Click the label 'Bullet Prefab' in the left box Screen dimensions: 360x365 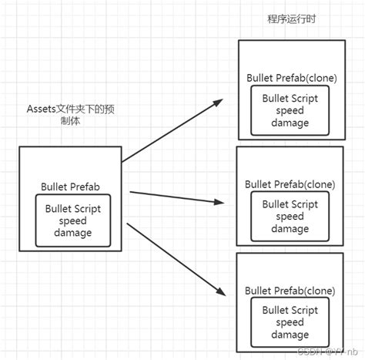[75, 187]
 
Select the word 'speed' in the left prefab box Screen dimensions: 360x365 [73, 220]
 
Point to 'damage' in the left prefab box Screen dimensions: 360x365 [73, 233]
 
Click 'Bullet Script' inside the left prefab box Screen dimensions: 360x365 [73, 208]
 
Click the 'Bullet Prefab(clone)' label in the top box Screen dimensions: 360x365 [292, 79]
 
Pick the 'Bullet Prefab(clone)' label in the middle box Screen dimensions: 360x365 [290, 184]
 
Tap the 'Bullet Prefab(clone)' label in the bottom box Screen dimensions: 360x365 [290, 291]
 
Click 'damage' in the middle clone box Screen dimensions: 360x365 [290, 229]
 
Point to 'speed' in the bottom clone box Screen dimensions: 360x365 [290, 323]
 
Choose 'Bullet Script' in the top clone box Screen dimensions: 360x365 [290, 99]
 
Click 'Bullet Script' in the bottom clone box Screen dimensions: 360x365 [290, 311]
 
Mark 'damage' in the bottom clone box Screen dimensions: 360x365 [290, 335]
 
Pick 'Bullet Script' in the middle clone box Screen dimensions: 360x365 [290, 204]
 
